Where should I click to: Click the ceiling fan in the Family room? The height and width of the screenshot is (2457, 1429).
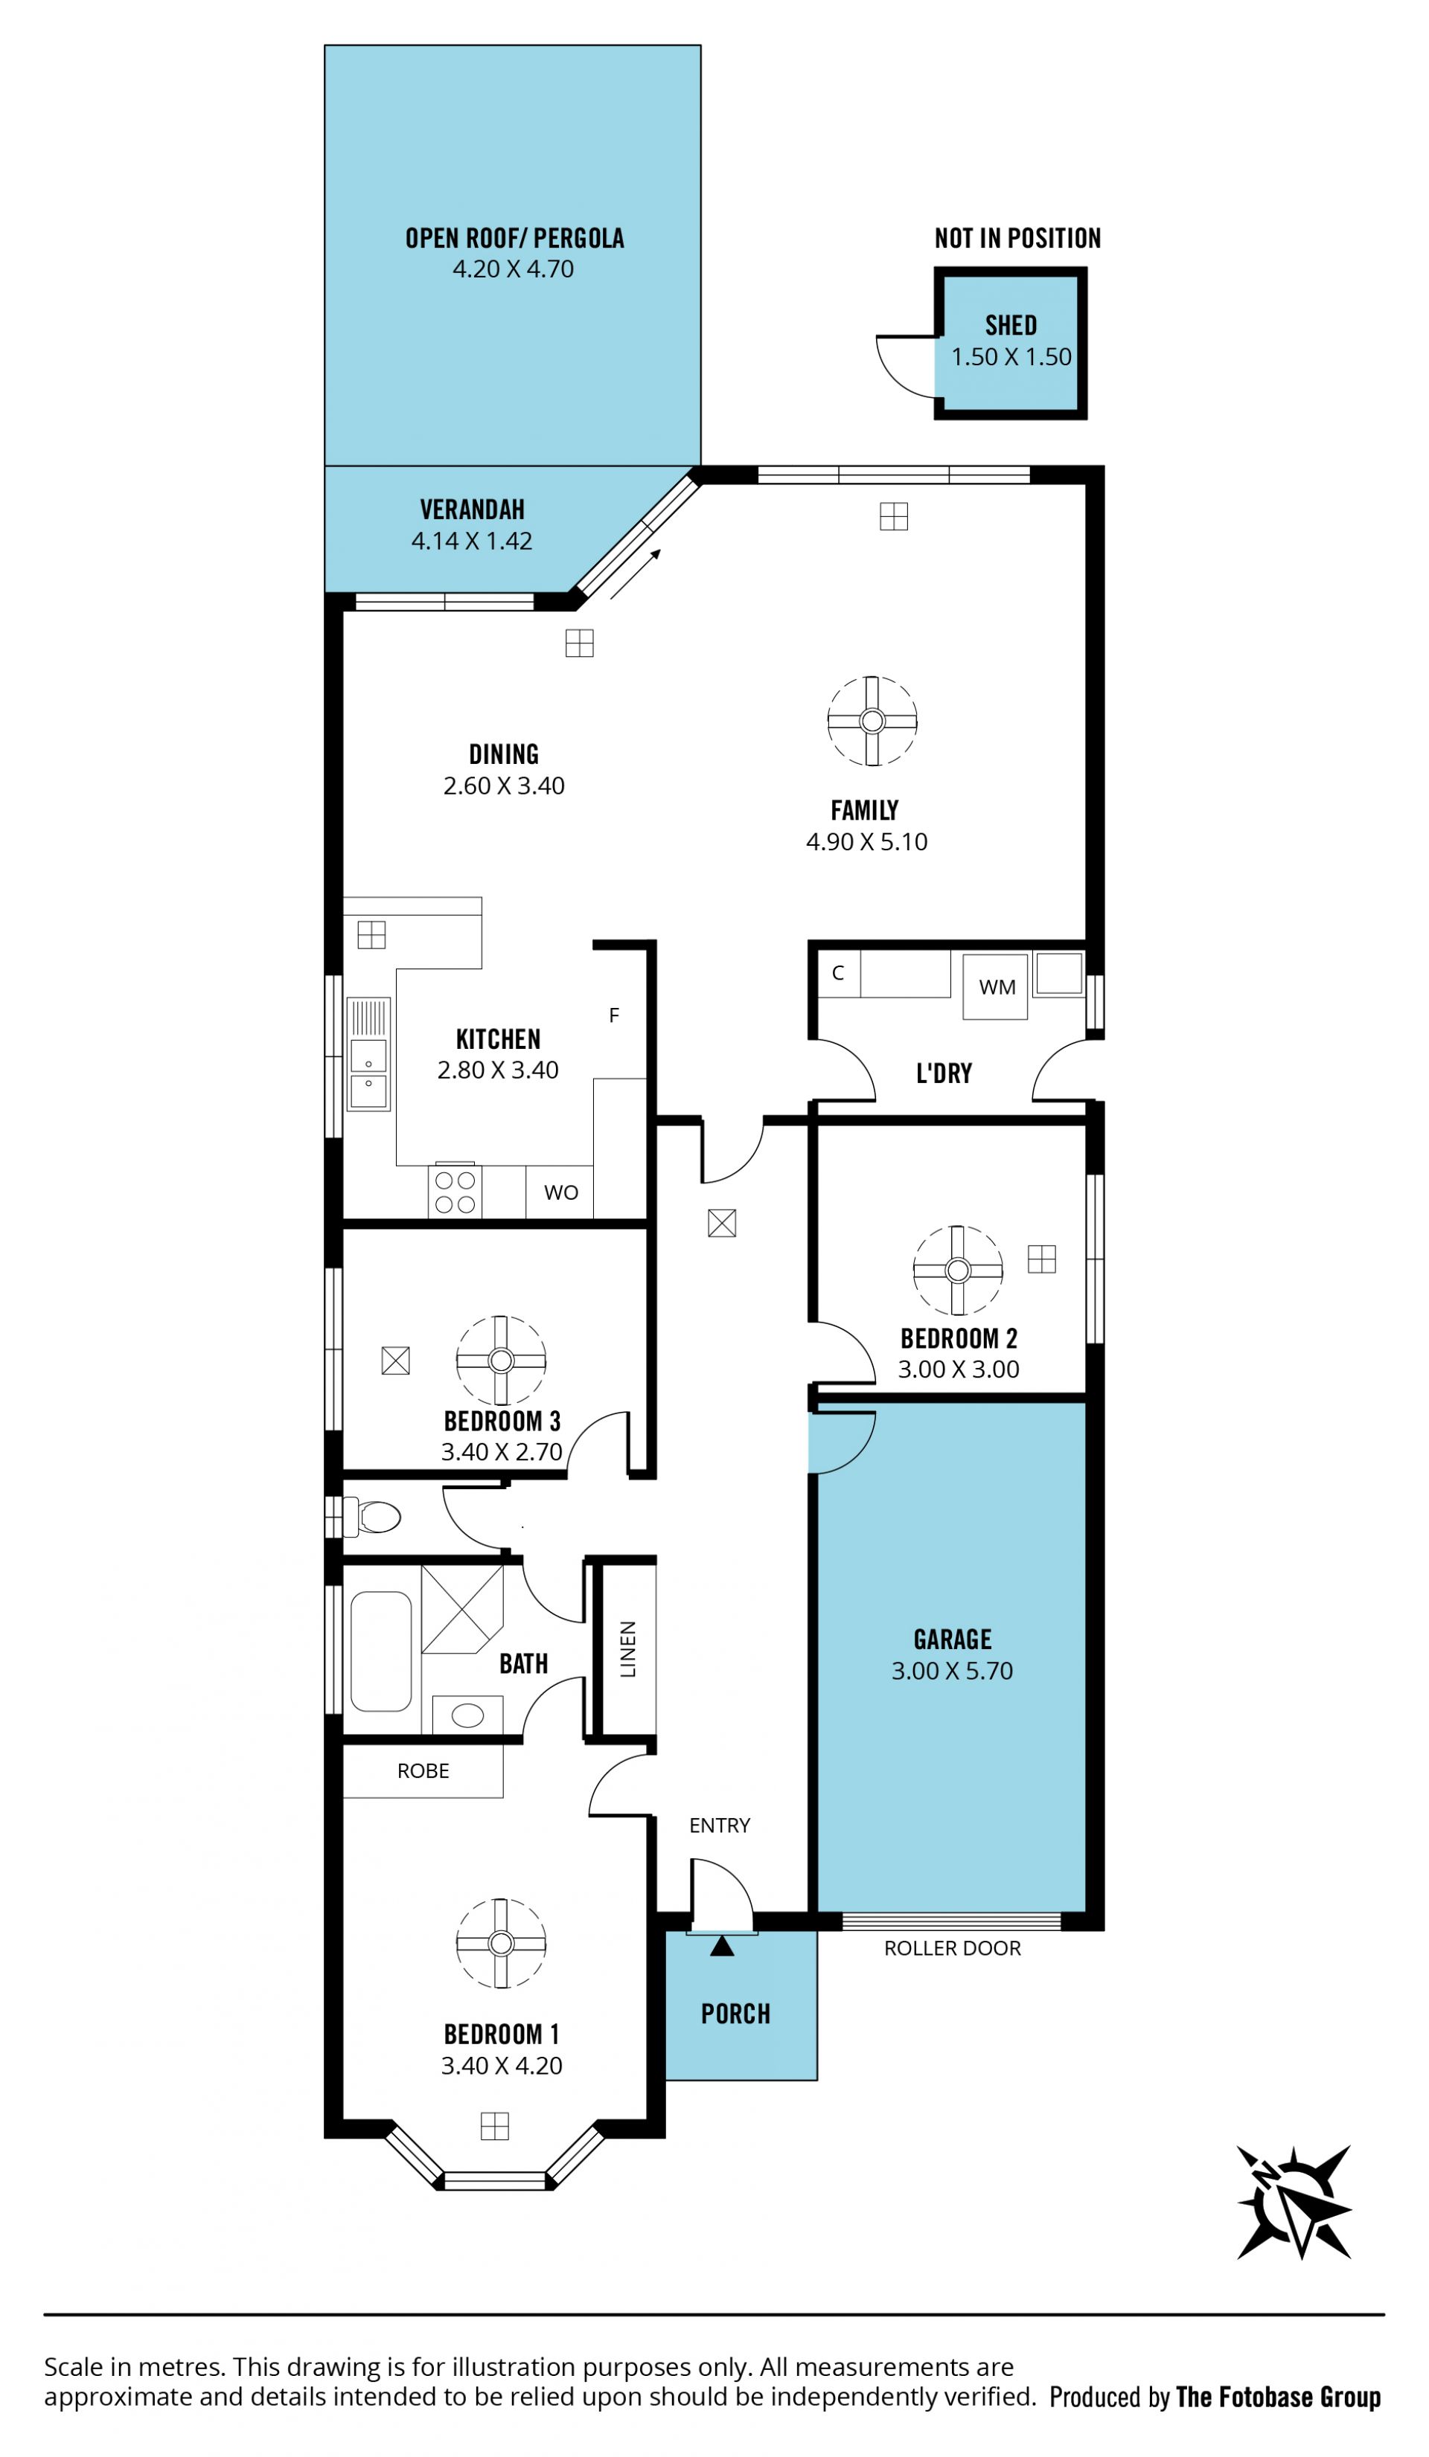tap(872, 721)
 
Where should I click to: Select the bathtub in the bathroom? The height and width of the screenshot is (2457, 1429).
tap(380, 1651)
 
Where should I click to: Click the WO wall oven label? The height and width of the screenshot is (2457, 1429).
tap(561, 1192)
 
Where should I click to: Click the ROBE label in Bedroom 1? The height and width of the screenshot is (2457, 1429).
tap(423, 1770)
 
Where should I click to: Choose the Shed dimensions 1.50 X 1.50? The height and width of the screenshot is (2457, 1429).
tap(1011, 357)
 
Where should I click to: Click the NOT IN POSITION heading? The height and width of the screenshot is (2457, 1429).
tap(1017, 238)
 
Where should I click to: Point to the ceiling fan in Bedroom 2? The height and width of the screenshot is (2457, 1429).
tap(957, 1270)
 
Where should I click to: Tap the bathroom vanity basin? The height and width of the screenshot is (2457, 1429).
tap(467, 1715)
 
